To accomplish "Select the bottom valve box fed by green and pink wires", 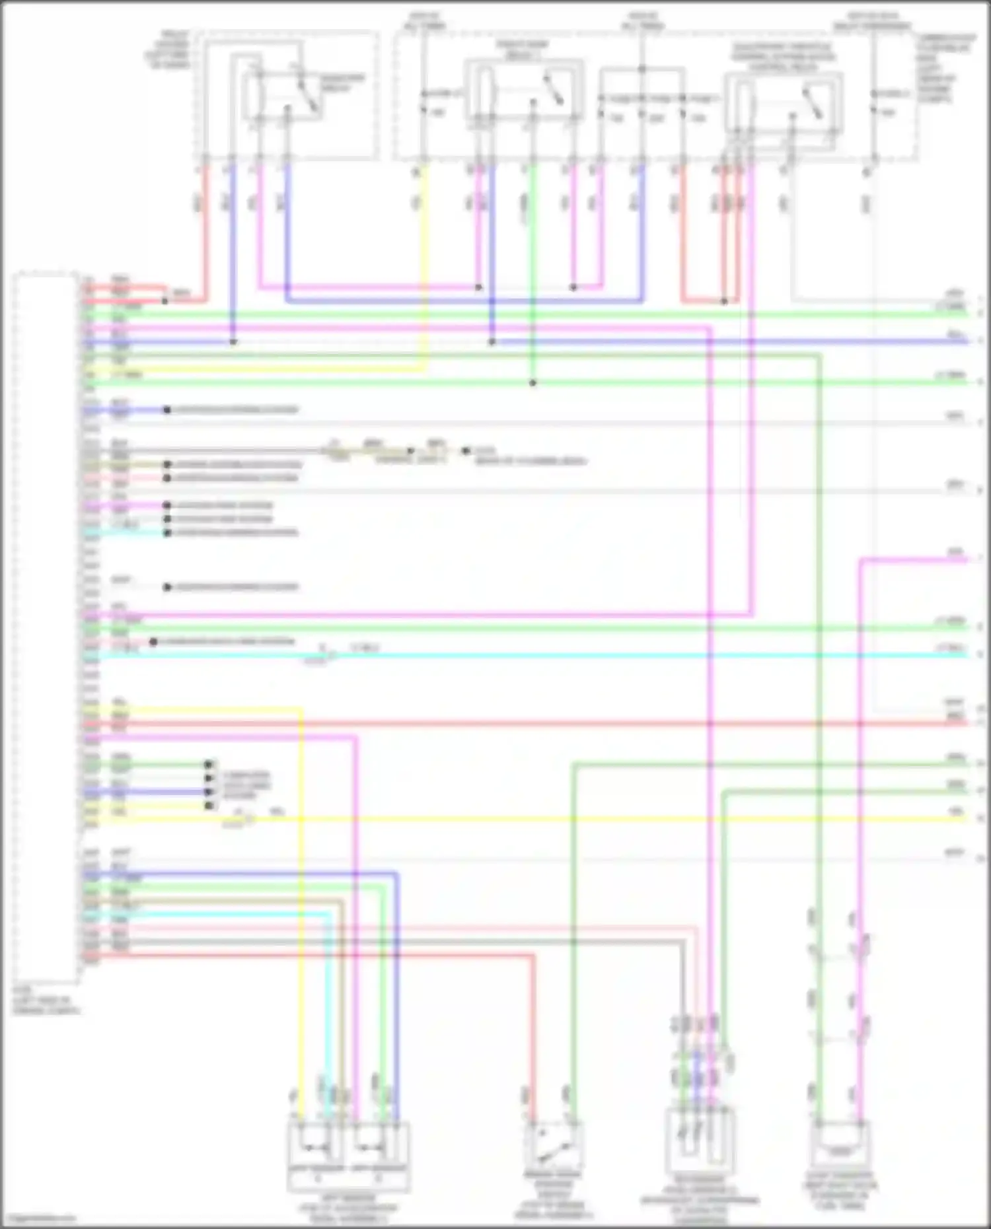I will point(840,1144).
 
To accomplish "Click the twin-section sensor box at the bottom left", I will point(348,1147).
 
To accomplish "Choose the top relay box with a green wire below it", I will point(524,92).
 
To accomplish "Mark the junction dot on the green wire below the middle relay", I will point(532,383).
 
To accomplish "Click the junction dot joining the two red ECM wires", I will point(165,301).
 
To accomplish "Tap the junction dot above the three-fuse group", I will point(642,69).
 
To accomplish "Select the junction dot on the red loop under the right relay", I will point(724,301).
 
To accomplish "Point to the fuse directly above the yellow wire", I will point(423,102).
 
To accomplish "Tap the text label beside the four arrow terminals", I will point(246,786).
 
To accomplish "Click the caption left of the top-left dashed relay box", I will point(168,50).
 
